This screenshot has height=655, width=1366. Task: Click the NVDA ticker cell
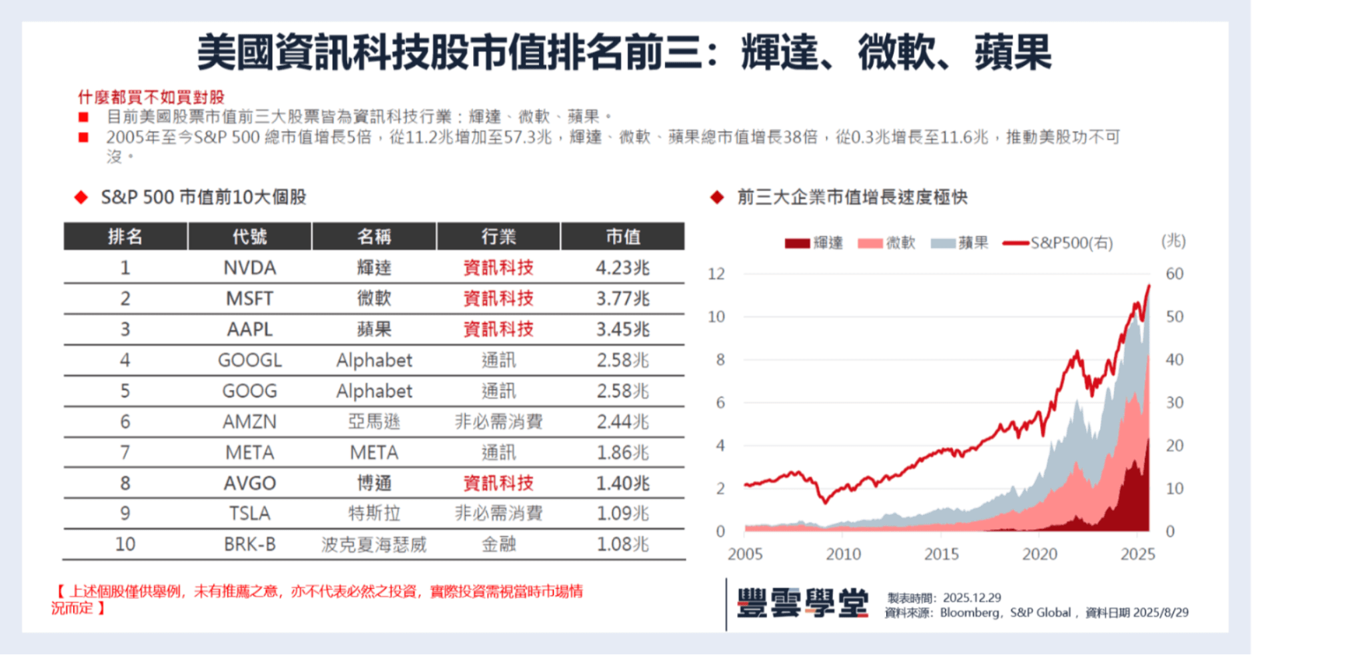pos(249,268)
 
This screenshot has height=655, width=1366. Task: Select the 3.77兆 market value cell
pos(622,299)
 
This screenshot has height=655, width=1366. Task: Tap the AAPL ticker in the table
pos(249,329)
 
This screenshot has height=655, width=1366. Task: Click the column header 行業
pos(498,237)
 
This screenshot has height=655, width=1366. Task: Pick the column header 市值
pos(622,237)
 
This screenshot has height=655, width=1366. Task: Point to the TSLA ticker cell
pos(249,514)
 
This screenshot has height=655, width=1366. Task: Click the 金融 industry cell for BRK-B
pos(498,544)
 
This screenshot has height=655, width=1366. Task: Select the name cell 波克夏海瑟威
pos(374,544)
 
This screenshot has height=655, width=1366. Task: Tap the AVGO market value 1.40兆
pos(622,483)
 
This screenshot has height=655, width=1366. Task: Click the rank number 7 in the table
pos(125,452)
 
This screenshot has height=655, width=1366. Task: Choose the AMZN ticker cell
pos(249,422)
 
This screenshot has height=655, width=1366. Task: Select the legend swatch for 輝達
pos(797,243)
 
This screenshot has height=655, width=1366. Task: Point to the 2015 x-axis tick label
pos(941,554)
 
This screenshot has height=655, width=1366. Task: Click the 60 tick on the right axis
pos(1174,274)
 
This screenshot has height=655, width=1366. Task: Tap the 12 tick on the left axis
pos(716,274)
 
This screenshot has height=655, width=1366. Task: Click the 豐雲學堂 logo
pos(803,603)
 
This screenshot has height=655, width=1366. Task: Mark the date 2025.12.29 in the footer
pos(972,598)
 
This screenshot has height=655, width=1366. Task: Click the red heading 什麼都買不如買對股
pos(151,97)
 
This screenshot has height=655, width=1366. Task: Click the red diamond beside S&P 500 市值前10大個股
pos(81,197)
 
